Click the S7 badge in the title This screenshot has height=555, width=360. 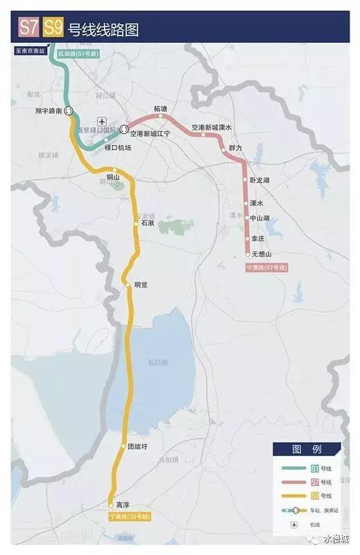click(x=29, y=29)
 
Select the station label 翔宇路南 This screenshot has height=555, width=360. click(x=49, y=110)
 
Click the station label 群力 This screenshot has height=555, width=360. click(x=235, y=148)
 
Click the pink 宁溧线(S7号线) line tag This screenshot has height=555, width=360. click(x=266, y=267)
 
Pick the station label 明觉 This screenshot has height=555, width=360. click(x=141, y=284)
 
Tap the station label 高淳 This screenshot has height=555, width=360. click(x=122, y=505)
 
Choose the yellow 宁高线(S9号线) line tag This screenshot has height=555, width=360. click(x=129, y=517)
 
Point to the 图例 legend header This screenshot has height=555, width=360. click(x=305, y=449)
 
